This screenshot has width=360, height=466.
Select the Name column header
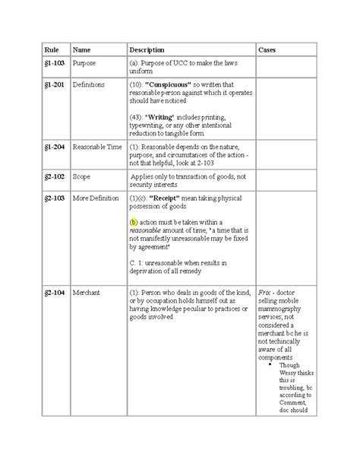(x=80, y=49)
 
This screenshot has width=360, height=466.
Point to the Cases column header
(x=267, y=49)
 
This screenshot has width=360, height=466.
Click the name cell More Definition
(x=95, y=198)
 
